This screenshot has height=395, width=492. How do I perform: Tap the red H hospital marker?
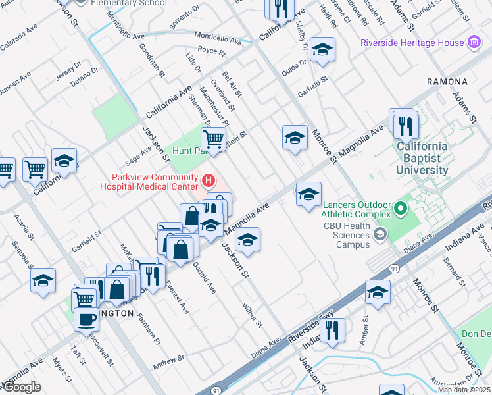(x=209, y=180)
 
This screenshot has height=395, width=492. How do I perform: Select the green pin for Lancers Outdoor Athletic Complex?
(x=400, y=210)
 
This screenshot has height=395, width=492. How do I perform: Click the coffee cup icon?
(x=86, y=319)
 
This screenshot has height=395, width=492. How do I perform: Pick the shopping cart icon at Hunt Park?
(x=213, y=140)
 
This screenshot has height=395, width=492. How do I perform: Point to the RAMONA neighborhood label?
(x=447, y=82)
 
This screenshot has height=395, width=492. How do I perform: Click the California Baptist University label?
(x=422, y=158)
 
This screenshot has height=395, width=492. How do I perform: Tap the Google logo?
(x=22, y=387)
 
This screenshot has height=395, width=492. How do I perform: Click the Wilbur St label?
(x=252, y=315)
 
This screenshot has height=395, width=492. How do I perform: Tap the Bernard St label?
(x=453, y=271)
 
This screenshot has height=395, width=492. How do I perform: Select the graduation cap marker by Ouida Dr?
(x=322, y=50)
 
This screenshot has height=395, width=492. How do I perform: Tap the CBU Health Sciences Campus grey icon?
(x=380, y=234)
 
